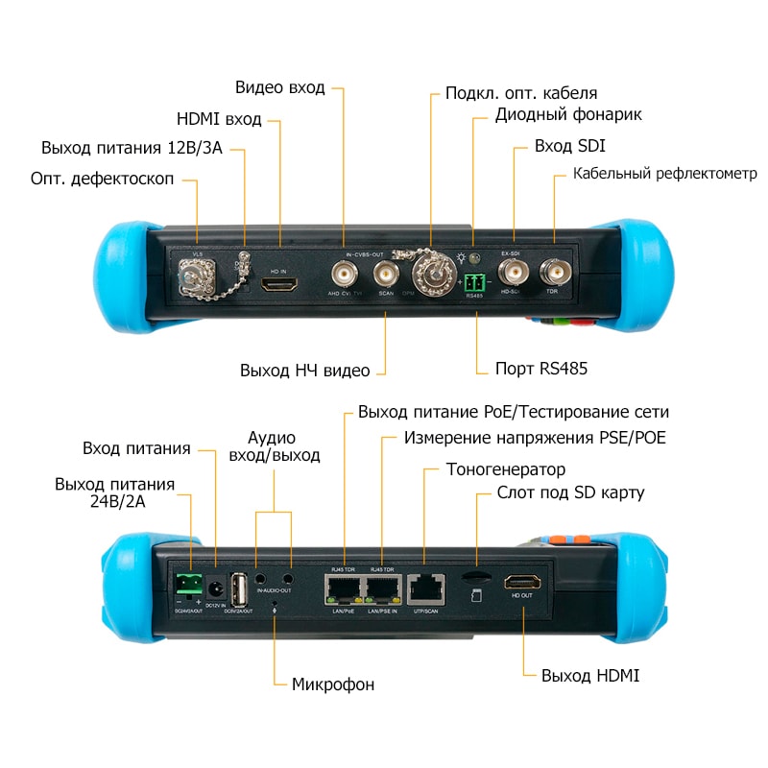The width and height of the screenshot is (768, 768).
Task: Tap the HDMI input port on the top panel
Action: tap(279, 285)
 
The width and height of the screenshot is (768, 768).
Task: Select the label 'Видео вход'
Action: tap(279, 88)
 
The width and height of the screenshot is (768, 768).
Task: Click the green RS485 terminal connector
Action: tap(474, 282)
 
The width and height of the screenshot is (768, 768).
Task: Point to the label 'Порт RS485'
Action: tap(540, 369)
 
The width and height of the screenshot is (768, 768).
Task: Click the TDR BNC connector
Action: tap(552, 271)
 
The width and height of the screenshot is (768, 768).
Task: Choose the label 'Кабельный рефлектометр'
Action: tap(665, 174)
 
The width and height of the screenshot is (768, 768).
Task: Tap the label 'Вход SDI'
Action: tap(570, 147)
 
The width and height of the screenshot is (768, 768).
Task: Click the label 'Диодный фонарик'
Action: tap(568, 115)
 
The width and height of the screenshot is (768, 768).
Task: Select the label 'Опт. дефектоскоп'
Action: tap(103, 180)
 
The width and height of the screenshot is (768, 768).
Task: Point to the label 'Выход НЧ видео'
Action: tap(304, 370)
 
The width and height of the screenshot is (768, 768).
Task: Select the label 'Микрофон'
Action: tap(332, 684)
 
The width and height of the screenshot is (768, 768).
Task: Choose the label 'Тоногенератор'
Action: tap(506, 469)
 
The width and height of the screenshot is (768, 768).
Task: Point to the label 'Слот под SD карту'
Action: tap(570, 492)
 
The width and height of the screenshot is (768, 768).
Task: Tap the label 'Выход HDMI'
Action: tap(590, 676)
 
